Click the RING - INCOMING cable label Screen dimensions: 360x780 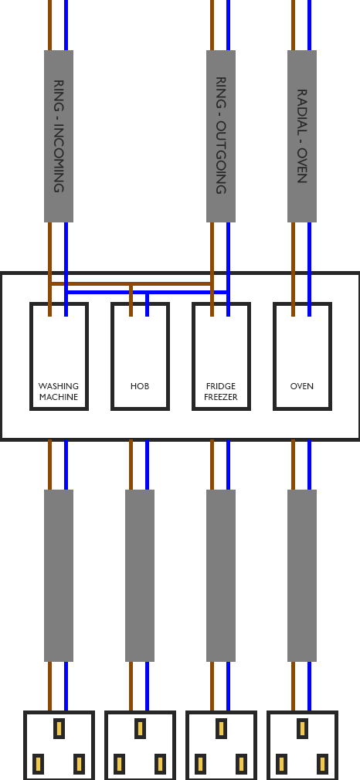(59, 136)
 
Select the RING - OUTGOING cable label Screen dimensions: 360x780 (221, 136)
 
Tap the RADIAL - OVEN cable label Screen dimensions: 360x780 (302, 136)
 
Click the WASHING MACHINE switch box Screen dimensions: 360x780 (59, 356)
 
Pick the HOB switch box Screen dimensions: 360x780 (141, 356)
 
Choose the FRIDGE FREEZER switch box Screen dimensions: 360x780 (222, 356)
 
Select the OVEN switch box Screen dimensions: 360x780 (303, 356)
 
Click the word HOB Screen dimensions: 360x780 (140, 386)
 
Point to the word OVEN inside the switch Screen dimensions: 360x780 (302, 386)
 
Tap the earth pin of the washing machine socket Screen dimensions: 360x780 (59, 729)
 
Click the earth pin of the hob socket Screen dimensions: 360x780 (141, 729)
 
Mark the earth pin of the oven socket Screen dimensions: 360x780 (302, 729)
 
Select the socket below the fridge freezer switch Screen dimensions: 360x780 (222, 746)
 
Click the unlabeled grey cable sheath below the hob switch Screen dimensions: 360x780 (140, 575)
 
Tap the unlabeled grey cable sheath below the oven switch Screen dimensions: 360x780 (302, 575)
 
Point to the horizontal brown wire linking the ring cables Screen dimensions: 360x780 (131, 284)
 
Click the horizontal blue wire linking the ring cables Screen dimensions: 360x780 (148, 292)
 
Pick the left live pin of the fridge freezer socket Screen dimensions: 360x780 (200, 765)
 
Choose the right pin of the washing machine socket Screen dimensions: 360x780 (79, 765)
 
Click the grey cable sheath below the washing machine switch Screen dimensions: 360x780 (59, 575)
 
